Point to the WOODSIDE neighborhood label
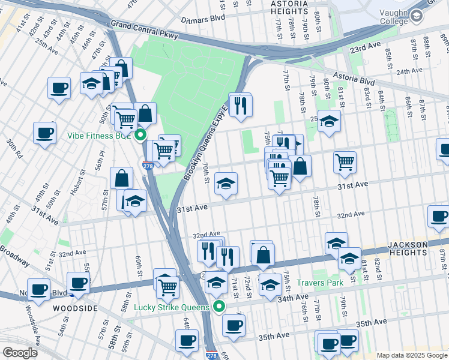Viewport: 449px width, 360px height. click(x=75, y=308)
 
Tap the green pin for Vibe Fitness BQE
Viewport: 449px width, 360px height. click(x=140, y=135)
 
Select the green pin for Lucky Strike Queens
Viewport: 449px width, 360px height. click(x=219, y=307)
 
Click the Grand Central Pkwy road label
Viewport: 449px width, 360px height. click(x=144, y=30)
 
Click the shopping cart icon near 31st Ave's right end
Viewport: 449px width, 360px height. click(x=345, y=161)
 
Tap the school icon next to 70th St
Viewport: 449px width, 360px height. click(x=225, y=184)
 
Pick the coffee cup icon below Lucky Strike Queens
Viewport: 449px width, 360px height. click(x=234, y=325)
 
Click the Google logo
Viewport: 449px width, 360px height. click(x=19, y=352)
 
